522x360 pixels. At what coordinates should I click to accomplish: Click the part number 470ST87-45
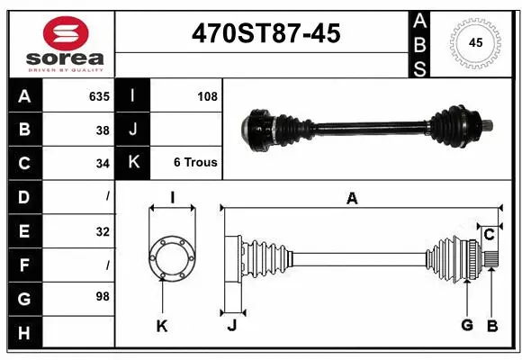coord(265,33)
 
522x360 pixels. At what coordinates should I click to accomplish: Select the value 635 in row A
coord(98,96)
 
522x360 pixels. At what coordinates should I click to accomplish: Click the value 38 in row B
coord(102,130)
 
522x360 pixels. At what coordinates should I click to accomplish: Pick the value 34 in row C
coord(102,164)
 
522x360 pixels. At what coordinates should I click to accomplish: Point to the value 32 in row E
coord(102,231)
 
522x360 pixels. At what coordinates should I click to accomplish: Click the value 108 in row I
coord(207,96)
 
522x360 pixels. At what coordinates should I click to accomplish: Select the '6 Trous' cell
coord(195,164)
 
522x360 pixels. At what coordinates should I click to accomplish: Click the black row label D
coord(23,197)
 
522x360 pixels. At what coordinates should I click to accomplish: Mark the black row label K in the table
coord(133,164)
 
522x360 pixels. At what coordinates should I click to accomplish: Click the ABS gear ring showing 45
coord(474,42)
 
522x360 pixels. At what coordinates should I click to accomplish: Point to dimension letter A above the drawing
coord(352,199)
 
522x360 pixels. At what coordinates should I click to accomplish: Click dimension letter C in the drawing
coord(489,235)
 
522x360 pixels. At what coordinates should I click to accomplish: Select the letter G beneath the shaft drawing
coord(466,325)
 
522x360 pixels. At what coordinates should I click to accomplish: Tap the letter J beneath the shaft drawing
coord(231,325)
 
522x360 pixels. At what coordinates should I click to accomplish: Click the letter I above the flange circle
coord(172,198)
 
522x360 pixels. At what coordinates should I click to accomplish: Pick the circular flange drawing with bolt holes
coord(172,257)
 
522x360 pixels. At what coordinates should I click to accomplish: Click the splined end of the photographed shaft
coord(486,125)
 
